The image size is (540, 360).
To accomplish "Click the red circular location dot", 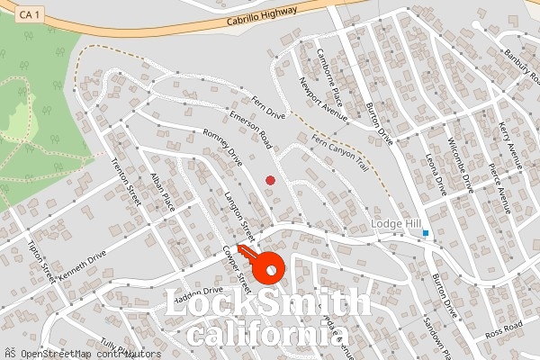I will (270, 181).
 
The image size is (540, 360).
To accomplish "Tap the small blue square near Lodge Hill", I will (426, 233).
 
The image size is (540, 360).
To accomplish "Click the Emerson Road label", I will (250, 136).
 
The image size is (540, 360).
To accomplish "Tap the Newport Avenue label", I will (322, 96).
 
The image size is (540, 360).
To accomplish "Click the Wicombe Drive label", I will (460, 166).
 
